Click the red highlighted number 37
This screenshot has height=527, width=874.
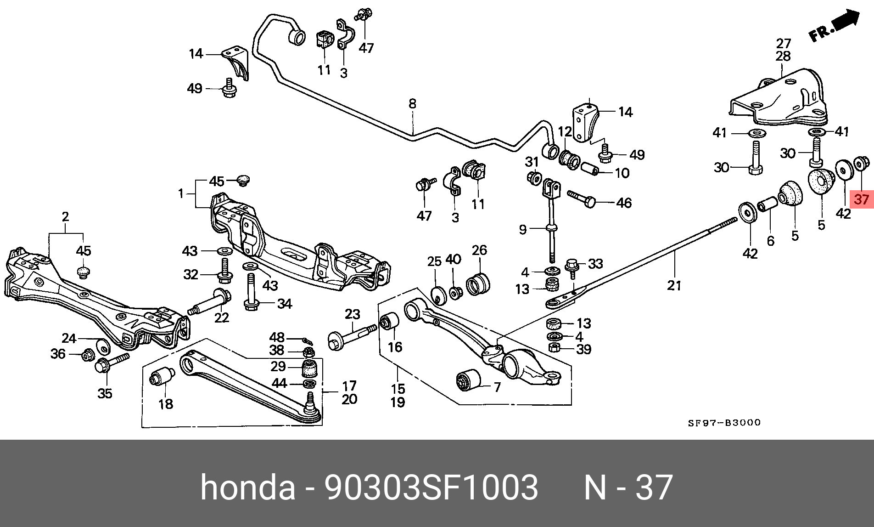[861, 199]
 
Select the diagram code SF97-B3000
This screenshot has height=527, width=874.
[724, 423]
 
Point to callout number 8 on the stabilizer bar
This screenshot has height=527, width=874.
[412, 104]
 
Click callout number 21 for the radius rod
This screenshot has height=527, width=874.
[674, 285]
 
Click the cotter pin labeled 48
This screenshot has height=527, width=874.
[307, 340]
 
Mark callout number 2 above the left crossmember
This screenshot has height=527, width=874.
[65, 216]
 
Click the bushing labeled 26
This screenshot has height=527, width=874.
[479, 283]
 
